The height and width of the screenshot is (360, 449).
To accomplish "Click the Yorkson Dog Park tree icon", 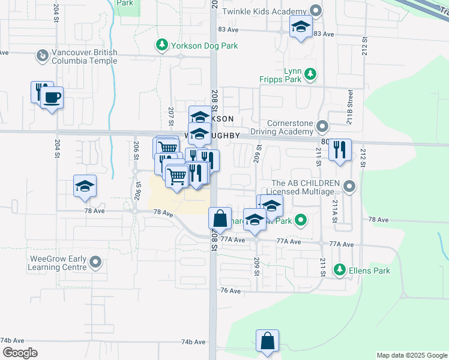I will pyautogui.click(x=161, y=46).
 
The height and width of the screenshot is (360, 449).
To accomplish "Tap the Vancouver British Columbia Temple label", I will pyautogui.click(x=84, y=56).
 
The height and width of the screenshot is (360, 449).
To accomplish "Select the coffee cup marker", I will pyautogui.click(x=52, y=97).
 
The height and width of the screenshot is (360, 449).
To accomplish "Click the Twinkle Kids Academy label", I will pyautogui.click(x=264, y=11).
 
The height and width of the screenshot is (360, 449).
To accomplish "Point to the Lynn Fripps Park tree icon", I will pyautogui.click(x=310, y=74).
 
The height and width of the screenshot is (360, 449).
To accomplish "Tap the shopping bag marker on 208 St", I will pyautogui.click(x=220, y=218).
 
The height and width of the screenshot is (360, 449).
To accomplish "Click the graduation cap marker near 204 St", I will pyautogui.click(x=85, y=186).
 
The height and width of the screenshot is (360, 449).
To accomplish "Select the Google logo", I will pyautogui.click(x=19, y=352).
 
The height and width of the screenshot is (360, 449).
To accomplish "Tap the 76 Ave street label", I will pyautogui.click(x=231, y=290).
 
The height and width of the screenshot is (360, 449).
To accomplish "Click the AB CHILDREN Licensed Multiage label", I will pyautogui.click(x=306, y=188).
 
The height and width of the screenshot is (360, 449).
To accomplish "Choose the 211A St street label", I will pyautogui.click(x=334, y=211).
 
